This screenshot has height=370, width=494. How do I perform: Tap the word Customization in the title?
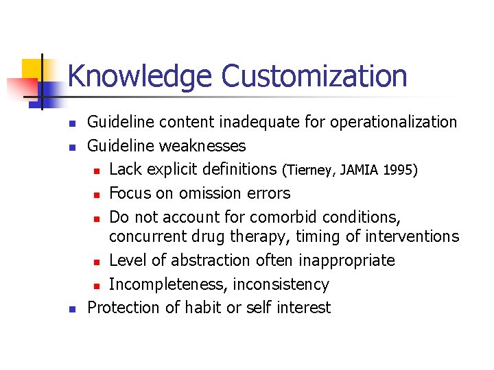(314, 77)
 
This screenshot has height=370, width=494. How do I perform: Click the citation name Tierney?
(313, 169)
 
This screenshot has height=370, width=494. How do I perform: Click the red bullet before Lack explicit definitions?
(98, 170)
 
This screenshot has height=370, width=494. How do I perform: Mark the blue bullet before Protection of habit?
(71, 308)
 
